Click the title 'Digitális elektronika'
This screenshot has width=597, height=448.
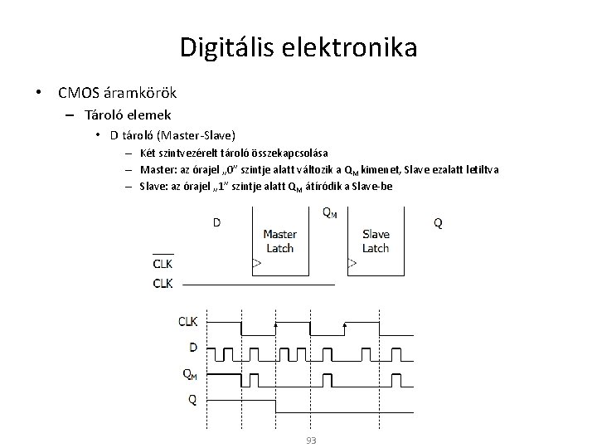(x=298, y=46)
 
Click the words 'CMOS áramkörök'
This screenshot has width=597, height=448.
(x=116, y=92)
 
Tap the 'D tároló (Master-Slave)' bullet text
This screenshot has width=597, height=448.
(x=172, y=134)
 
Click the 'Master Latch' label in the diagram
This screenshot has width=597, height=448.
(x=279, y=241)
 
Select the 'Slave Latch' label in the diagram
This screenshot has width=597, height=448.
(x=376, y=241)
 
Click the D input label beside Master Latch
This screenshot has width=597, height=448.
(x=216, y=222)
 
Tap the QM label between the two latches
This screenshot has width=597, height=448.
(x=328, y=213)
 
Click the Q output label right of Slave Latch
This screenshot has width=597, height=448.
(x=438, y=222)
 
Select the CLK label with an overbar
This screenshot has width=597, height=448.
(x=163, y=265)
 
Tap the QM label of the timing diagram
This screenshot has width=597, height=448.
(x=190, y=373)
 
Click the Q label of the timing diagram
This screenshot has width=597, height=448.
(x=192, y=399)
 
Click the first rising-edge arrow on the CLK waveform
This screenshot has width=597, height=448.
(x=275, y=324)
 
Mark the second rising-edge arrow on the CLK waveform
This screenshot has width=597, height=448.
(x=345, y=324)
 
